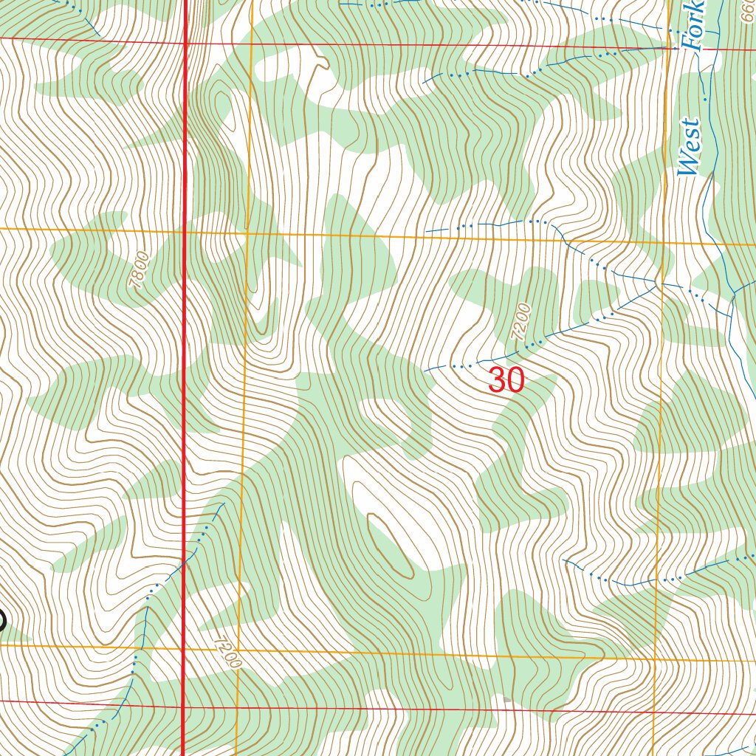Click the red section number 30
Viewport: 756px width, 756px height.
pos(506,381)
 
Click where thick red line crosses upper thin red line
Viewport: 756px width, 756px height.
pos(184,43)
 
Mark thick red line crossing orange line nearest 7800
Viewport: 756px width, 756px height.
pos(184,231)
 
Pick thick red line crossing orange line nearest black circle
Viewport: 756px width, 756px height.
pos(183,649)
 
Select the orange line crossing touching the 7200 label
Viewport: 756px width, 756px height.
pos(238,650)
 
